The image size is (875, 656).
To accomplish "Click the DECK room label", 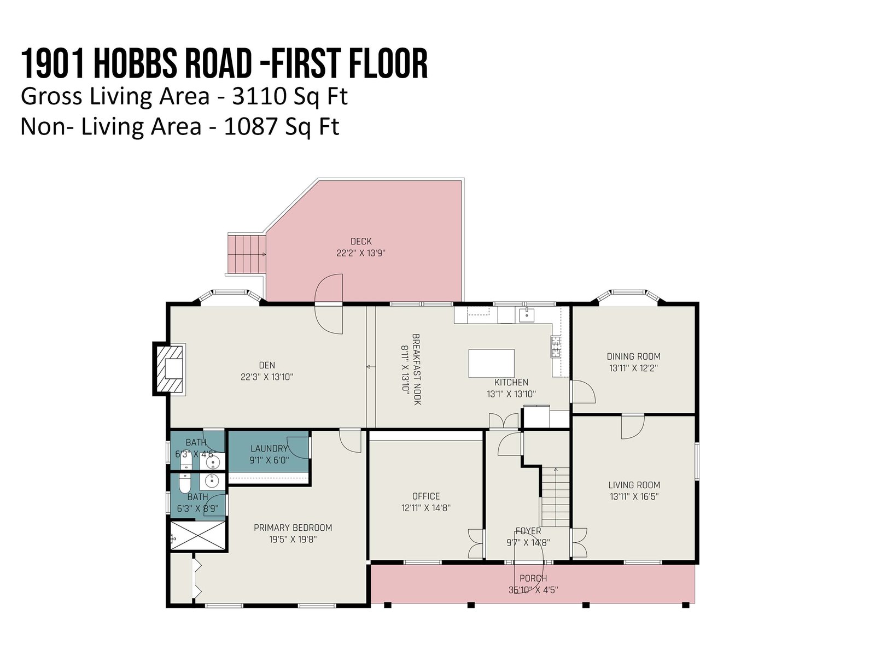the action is [361, 242].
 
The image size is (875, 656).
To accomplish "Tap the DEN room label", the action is [267, 365].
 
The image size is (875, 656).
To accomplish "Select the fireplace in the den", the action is [169, 369].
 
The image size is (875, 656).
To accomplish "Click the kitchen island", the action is [491, 363].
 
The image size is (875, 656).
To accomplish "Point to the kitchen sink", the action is [527, 315].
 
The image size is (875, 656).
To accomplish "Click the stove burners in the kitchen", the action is [556, 347].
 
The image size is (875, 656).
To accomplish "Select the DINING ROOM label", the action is [633, 356].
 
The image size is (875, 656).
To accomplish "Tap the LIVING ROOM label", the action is [634, 485].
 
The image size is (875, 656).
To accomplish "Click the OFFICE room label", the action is [425, 496].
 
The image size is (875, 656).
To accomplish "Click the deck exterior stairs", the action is [246, 254].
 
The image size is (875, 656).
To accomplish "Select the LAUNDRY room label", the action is [269, 449].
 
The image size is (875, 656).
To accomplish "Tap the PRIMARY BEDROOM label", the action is [293, 528].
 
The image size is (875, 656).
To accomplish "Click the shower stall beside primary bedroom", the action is [198, 536].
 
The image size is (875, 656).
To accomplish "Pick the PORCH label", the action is [533, 578].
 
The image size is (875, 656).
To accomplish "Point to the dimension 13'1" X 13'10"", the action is [511, 394].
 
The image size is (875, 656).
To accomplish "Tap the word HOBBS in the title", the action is [136, 64].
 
